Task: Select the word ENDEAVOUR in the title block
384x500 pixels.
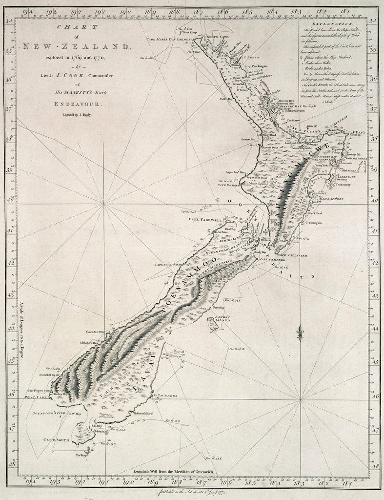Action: coord(75,104)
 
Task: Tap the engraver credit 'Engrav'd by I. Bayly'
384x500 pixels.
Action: coord(75,114)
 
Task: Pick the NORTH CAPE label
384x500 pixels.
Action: coord(215,37)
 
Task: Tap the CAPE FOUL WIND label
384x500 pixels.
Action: coord(168,264)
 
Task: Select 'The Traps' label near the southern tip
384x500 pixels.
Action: coord(81,455)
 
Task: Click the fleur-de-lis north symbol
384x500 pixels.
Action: coord(300,333)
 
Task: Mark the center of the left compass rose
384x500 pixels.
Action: coord(104,204)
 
